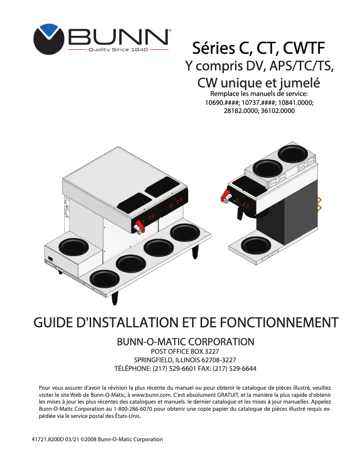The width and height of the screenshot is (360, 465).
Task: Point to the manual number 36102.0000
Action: [x=277, y=110]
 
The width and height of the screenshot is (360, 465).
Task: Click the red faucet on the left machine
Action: [x=139, y=227]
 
